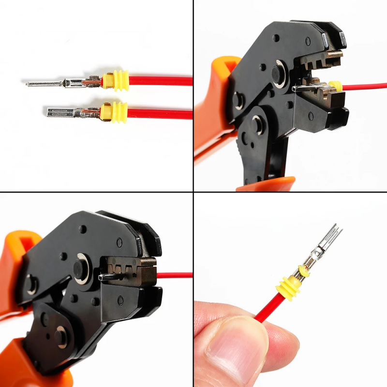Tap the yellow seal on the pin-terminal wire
pos(116,80)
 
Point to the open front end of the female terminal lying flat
pos(49,112)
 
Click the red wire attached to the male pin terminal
pos(160,80)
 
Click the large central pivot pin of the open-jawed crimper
pos(280,74)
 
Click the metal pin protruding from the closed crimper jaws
pos(107,277)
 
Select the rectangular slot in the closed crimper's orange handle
pos(19,247)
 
